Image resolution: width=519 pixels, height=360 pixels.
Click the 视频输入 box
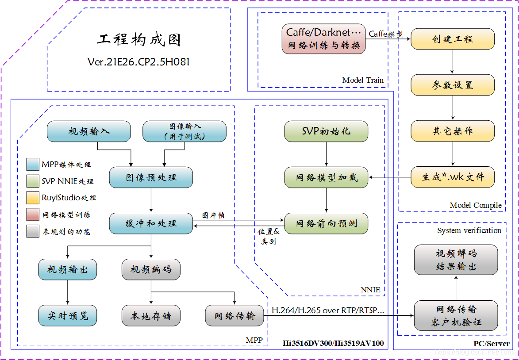(89, 131)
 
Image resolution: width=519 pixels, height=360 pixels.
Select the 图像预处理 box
(151, 177)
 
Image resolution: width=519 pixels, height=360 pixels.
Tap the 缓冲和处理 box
(151, 223)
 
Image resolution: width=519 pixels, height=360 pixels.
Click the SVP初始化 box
(326, 131)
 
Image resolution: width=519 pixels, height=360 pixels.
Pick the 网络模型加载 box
(326, 177)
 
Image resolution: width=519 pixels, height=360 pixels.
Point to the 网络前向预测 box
(326, 223)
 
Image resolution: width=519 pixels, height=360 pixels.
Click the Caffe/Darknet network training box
(324, 39)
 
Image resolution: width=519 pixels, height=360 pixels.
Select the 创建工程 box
(453, 39)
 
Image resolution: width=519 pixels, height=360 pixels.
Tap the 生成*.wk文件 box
(453, 177)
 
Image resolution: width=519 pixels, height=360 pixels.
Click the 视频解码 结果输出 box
(456, 260)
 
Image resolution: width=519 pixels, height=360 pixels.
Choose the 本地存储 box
(151, 316)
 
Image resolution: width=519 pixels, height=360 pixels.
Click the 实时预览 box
(67, 316)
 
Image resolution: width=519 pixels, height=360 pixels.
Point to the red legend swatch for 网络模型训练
(33, 214)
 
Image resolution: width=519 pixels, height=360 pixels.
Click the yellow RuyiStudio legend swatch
(33, 198)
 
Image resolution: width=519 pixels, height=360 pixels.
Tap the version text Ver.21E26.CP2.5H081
(138, 62)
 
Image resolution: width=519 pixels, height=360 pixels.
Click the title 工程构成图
(138, 40)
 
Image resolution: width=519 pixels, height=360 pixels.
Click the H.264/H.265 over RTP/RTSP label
(327, 310)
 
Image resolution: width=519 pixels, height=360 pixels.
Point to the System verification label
(469, 230)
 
